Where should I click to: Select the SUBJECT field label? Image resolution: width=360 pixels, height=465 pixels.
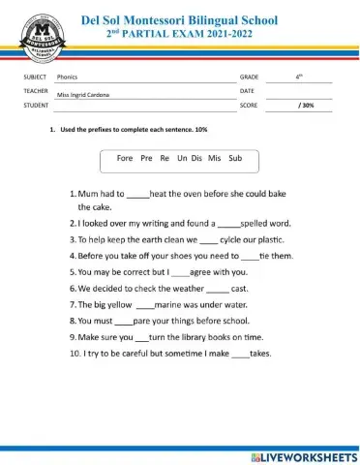(35, 76)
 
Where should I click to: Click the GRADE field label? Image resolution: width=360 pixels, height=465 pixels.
(249, 76)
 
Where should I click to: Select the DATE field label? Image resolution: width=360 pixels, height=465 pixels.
(247, 90)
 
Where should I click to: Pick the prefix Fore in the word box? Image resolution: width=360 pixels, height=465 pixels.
(124, 157)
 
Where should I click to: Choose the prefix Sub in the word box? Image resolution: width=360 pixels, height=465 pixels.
(235, 157)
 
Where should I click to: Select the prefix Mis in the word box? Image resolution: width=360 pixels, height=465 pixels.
(214, 157)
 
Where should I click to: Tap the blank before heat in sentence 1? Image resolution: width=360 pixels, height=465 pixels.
(137, 195)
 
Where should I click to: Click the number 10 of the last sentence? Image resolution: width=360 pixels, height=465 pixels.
(75, 354)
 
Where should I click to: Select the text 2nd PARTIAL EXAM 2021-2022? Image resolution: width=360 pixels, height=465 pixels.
(180, 33)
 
